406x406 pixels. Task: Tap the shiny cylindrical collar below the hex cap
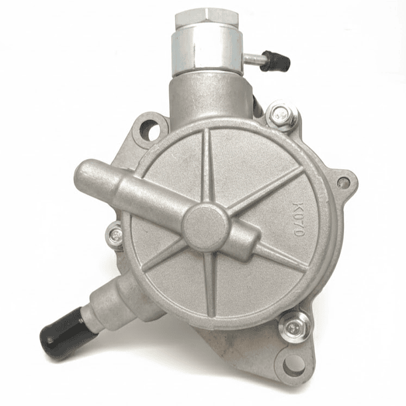202,49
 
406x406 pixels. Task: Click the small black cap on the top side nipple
274,62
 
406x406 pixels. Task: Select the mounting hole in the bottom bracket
294,365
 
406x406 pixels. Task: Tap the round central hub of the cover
206,226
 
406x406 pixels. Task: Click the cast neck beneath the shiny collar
204,97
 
